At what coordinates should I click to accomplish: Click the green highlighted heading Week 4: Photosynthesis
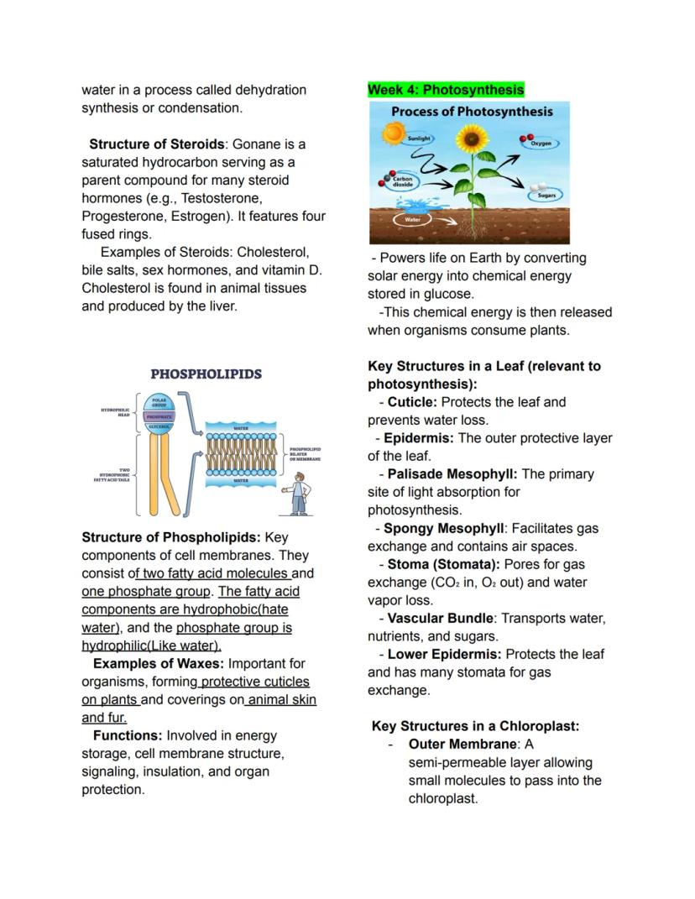coord(446,90)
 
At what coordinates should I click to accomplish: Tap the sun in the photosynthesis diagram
coord(392,133)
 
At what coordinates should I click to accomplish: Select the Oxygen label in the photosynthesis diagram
coord(541,144)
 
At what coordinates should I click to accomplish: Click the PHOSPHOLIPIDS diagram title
coord(206,374)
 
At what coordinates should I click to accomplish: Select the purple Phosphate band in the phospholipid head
coord(159,416)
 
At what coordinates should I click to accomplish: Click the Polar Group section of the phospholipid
coord(159,403)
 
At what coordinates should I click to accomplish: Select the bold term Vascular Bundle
coord(440,619)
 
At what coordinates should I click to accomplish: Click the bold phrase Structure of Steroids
coord(156,144)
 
